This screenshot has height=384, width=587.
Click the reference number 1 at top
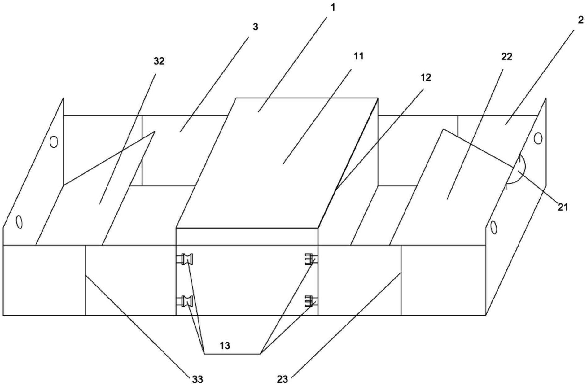(x=333, y=7)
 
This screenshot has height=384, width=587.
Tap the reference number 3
(x=255, y=27)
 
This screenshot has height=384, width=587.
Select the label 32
(x=159, y=62)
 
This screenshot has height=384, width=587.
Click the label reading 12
(x=426, y=78)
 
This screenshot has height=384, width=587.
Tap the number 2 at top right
(x=580, y=20)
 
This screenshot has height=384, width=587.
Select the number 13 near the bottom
(x=225, y=346)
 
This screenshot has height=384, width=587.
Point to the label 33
(x=198, y=379)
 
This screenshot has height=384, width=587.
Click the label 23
(x=282, y=379)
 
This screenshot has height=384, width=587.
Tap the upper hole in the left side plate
(x=54, y=142)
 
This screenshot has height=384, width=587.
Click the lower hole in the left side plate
(x=19, y=222)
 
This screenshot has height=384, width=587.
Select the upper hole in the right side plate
(x=538, y=138)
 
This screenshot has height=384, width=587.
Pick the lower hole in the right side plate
(x=494, y=228)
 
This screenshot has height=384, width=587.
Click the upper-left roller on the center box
(x=188, y=259)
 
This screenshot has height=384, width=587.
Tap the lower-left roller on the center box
(x=188, y=301)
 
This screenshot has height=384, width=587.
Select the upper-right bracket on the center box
(x=310, y=259)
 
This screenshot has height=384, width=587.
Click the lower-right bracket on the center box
(x=310, y=301)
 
